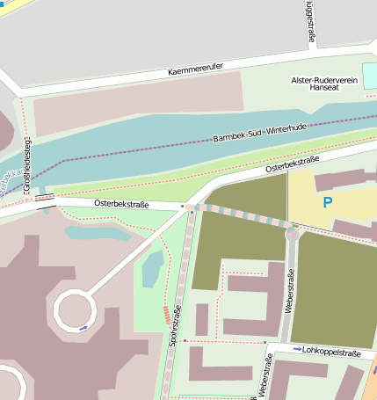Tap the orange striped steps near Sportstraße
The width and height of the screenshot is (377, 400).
(166, 313)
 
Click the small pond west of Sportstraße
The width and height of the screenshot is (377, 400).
(152, 265)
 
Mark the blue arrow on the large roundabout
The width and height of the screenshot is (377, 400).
(83, 328)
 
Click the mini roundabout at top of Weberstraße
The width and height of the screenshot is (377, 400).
(292, 232)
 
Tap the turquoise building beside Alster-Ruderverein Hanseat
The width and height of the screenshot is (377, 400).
(370, 76)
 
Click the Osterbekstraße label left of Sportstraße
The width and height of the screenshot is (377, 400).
(122, 205)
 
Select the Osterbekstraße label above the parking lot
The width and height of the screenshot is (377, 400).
(292, 164)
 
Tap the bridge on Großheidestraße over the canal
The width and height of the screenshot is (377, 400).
(42, 200)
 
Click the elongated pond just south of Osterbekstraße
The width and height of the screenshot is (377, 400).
(98, 233)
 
